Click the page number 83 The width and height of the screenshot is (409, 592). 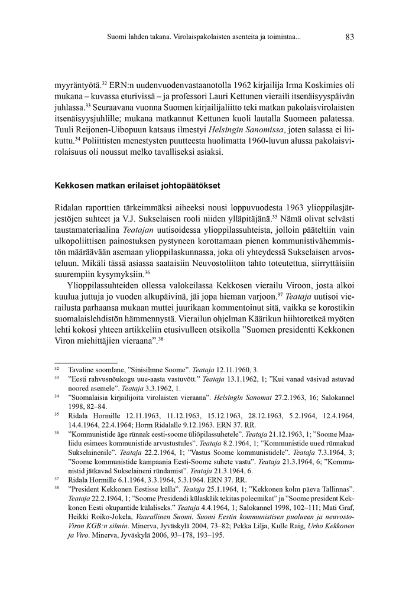click(x=349, y=37)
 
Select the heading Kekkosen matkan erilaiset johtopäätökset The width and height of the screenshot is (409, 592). click(x=137, y=186)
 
